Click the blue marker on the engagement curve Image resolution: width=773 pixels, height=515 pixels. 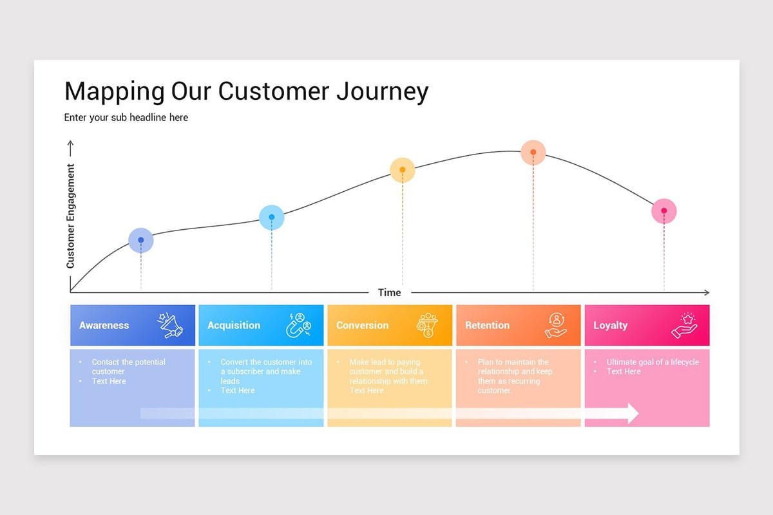click(141, 240)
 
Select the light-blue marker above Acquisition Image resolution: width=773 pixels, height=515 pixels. click(272, 218)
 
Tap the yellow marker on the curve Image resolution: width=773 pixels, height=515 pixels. click(403, 170)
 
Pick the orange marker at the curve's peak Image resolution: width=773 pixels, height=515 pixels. click(533, 153)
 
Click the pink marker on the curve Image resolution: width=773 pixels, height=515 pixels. click(664, 211)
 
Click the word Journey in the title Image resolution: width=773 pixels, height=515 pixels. click(382, 91)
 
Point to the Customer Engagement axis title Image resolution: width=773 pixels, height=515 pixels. click(71, 216)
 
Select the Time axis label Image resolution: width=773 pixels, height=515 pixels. click(389, 292)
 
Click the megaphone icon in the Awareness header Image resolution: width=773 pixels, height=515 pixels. click(170, 325)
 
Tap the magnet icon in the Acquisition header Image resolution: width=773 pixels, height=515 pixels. click(298, 325)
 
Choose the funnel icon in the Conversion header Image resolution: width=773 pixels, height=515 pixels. click(426, 325)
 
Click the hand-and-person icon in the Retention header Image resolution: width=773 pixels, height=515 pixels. click(555, 325)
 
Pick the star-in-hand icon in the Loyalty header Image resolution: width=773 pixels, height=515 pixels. click(684, 325)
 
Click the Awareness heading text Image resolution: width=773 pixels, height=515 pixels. click(104, 326)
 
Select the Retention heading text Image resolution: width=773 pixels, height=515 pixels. click(487, 326)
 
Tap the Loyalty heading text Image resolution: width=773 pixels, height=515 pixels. click(610, 326)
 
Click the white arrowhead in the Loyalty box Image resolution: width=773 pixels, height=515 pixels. click(632, 413)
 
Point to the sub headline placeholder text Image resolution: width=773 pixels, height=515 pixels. click(126, 118)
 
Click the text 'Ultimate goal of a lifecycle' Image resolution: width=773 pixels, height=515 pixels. click(653, 362)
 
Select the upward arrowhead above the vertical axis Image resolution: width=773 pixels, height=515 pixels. click(71, 144)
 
